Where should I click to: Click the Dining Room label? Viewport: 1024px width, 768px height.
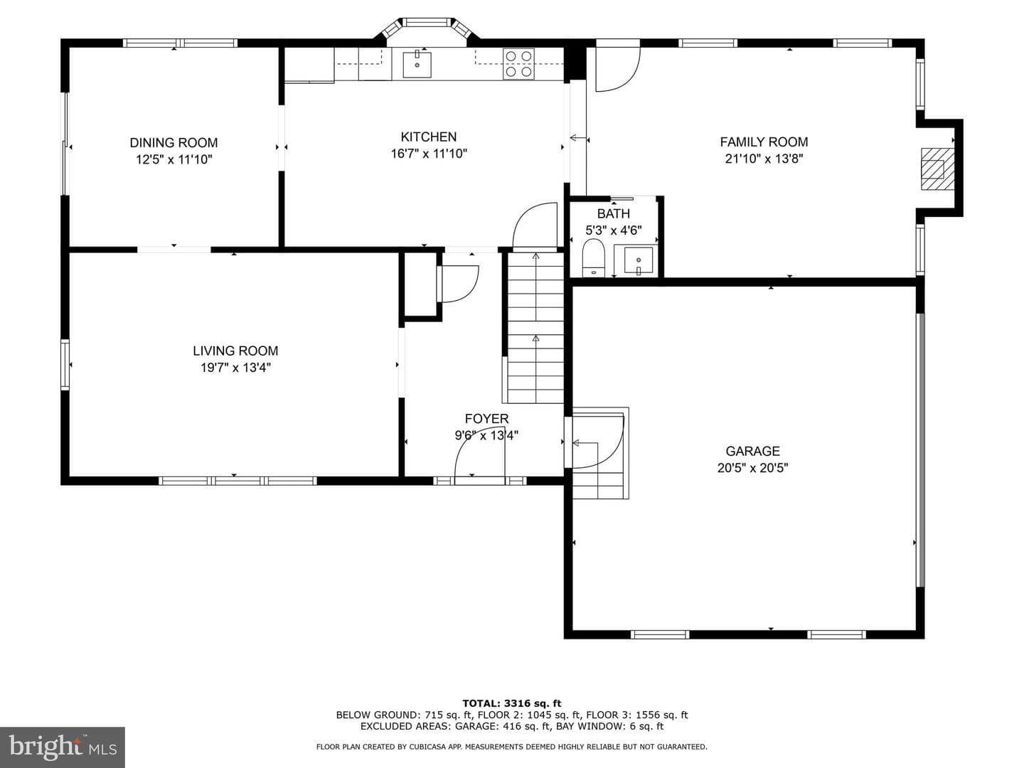tap(174, 142)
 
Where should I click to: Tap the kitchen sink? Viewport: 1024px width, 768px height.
tap(417, 65)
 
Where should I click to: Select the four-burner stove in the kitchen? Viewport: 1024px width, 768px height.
tap(518, 64)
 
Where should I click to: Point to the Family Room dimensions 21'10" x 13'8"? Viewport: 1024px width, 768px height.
tap(764, 159)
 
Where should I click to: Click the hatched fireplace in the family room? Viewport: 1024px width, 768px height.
tap(937, 169)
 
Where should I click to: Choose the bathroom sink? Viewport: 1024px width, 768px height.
tap(638, 260)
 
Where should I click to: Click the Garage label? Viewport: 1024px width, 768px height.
tap(752, 451)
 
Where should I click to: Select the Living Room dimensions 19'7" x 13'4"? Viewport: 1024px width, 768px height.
tap(235, 368)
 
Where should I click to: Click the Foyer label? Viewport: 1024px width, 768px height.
tap(486, 418)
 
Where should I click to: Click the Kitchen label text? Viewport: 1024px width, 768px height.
tap(428, 137)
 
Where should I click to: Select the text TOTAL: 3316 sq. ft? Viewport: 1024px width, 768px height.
tap(512, 703)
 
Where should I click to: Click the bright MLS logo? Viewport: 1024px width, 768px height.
tap(63, 747)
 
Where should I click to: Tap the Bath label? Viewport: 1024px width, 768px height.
tap(614, 213)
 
